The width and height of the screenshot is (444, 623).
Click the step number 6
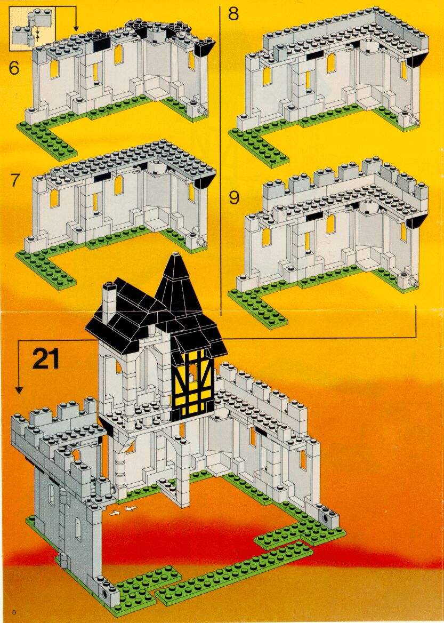[x=13, y=68]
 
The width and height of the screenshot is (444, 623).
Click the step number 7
[x=15, y=180]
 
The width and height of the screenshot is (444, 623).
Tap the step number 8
[x=233, y=13]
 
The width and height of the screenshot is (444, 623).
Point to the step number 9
[x=235, y=197]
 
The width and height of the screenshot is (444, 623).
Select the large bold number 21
[x=46, y=358]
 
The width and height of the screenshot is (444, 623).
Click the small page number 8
[x=14, y=611]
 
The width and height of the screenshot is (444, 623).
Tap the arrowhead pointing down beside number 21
[x=19, y=390]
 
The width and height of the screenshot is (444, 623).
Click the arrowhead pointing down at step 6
[x=76, y=29]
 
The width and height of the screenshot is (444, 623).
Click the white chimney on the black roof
[x=108, y=301]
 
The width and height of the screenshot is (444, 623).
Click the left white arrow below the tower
[x=115, y=513]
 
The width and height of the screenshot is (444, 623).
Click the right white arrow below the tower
[x=130, y=508]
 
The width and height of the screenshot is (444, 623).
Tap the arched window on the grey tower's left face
[x=52, y=494]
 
